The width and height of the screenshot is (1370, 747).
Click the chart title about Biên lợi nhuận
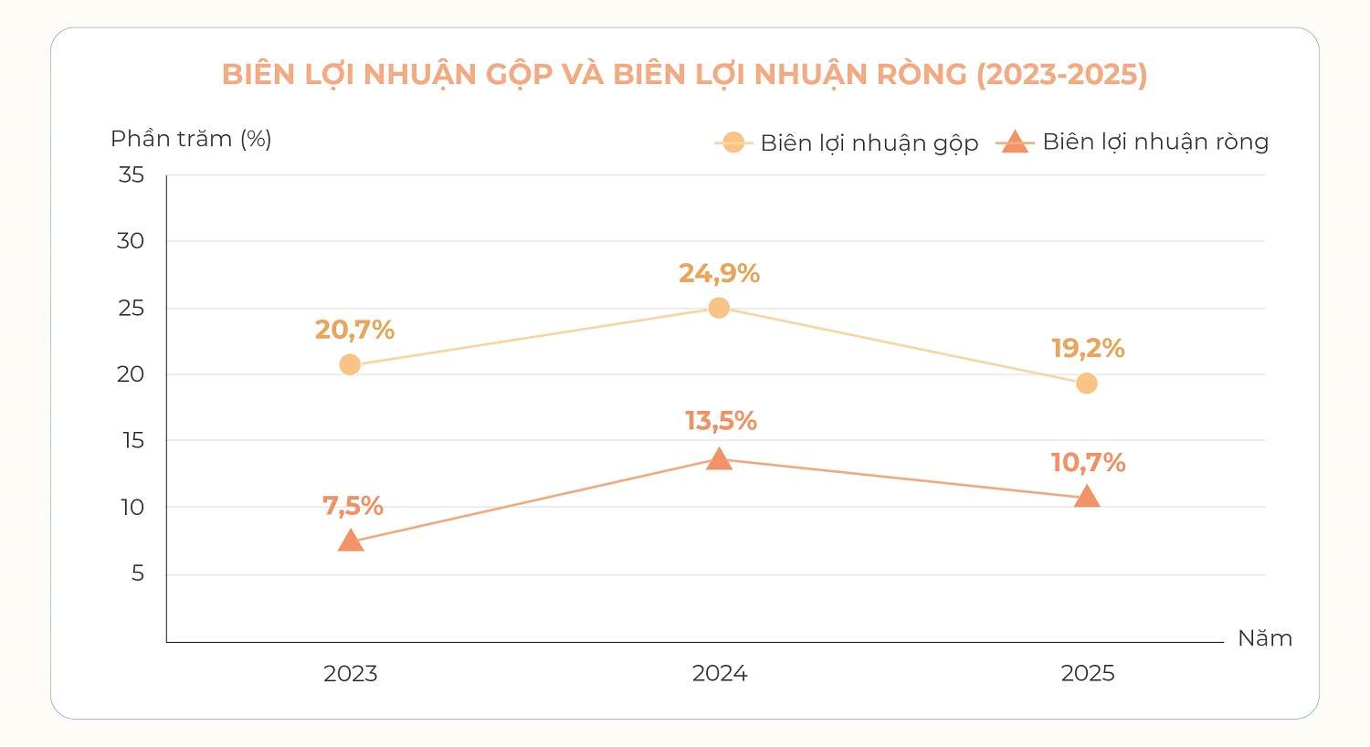684,75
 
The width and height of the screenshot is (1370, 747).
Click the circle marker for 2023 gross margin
350,365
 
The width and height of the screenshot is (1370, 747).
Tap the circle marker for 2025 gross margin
1087,384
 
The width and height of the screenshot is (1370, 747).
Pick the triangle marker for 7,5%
351,541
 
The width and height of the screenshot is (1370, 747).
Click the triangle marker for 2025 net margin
1087,497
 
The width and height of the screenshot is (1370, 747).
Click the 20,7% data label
354,330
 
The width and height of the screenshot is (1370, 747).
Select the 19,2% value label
1088,349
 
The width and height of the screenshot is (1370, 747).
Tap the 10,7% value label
1088,463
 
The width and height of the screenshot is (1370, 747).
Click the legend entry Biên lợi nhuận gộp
847,143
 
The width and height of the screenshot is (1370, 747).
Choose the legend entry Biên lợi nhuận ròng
1133,142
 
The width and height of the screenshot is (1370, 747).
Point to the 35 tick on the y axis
131,174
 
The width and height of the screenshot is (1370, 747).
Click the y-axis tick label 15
132,440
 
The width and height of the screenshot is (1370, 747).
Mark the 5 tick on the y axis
138,573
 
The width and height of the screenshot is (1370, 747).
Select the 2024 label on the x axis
720,674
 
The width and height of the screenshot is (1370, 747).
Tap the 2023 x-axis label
351,674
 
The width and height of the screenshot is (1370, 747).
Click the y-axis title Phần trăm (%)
191,140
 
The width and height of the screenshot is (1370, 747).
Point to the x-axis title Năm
1265,638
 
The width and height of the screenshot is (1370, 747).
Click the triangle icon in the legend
1016,142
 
